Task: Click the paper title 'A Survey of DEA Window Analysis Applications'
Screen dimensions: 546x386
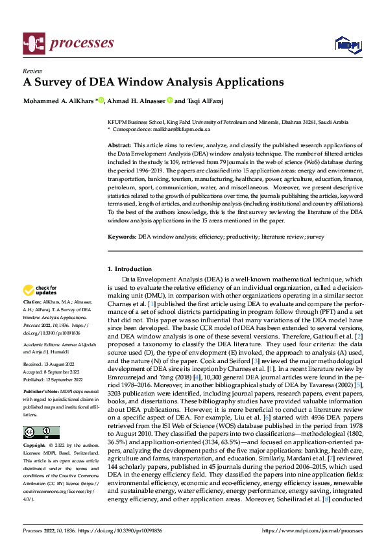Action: pos(153,82)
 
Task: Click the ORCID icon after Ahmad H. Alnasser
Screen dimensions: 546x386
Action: pos(170,101)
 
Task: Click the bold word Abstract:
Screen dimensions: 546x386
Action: pos(119,146)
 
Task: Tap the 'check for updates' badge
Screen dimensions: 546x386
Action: pos(40,290)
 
